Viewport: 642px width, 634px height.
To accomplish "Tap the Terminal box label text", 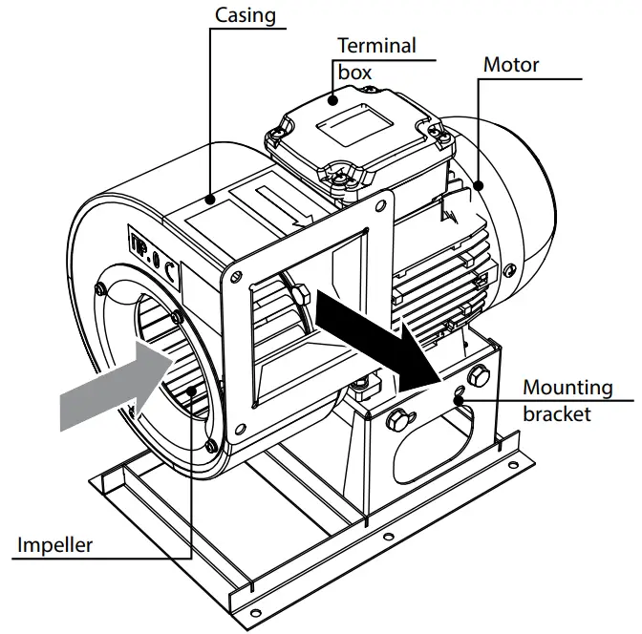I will tap(376, 57).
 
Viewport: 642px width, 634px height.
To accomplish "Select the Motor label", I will tap(511, 65).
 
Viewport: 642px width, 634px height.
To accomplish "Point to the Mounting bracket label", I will tap(567, 400).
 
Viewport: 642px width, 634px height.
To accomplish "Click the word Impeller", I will tap(54, 545).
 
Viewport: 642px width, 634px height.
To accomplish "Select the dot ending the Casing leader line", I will tap(209, 200).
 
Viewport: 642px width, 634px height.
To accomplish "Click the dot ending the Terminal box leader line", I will tap(333, 95).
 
